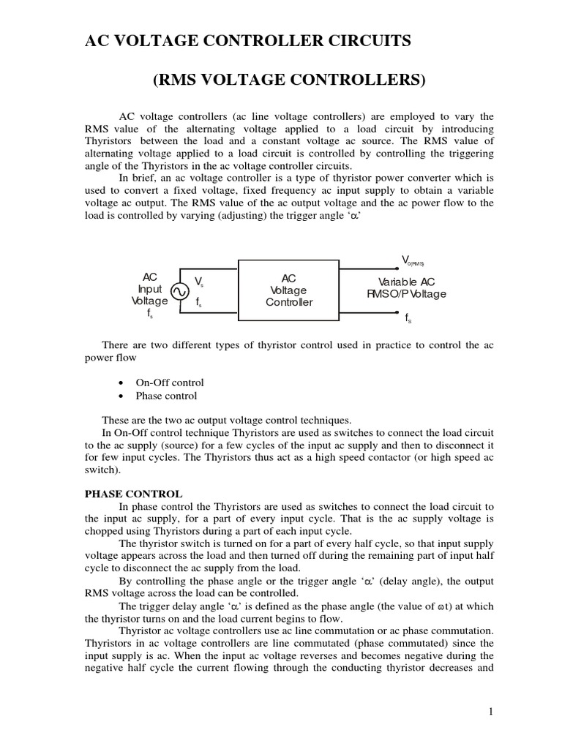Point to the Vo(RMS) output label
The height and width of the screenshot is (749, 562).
[413, 260]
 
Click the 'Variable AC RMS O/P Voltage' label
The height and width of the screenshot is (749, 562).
[406, 288]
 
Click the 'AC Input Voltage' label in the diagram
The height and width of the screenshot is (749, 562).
[149, 289]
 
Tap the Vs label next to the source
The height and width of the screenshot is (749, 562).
[199, 282]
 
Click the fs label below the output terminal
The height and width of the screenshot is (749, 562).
[408, 318]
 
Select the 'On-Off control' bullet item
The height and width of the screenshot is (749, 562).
[169, 383]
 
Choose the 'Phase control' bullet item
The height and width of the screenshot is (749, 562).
[166, 396]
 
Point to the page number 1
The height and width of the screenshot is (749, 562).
[490, 710]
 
